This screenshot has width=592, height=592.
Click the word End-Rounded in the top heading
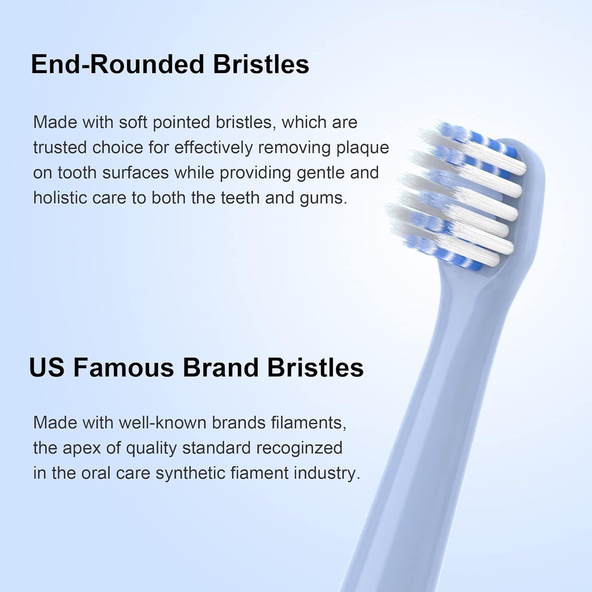117,64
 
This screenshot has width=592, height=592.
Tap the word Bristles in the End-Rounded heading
261,64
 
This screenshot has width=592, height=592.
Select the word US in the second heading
46,368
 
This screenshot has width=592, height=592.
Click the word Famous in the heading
123,368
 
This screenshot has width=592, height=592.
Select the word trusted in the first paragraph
60,148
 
